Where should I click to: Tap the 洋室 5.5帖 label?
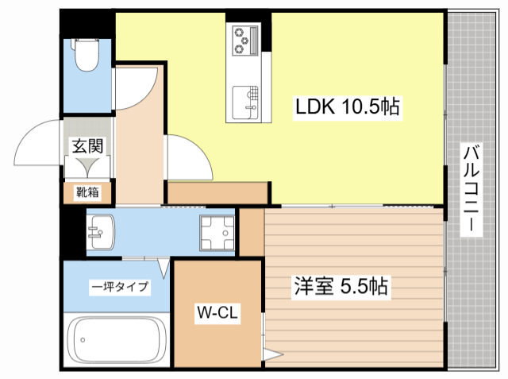tap(331, 286)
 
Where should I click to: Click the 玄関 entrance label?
tap(87, 147)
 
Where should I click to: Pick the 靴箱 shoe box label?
tap(87, 191)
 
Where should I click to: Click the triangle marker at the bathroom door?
tap(163, 269)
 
